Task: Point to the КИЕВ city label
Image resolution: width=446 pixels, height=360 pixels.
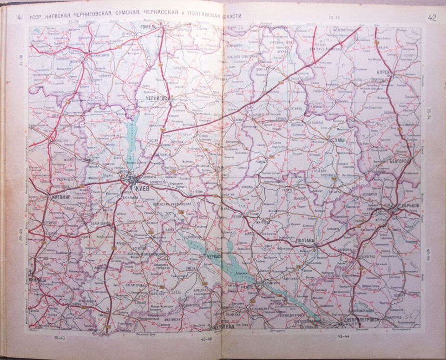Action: click(x=143, y=188)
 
